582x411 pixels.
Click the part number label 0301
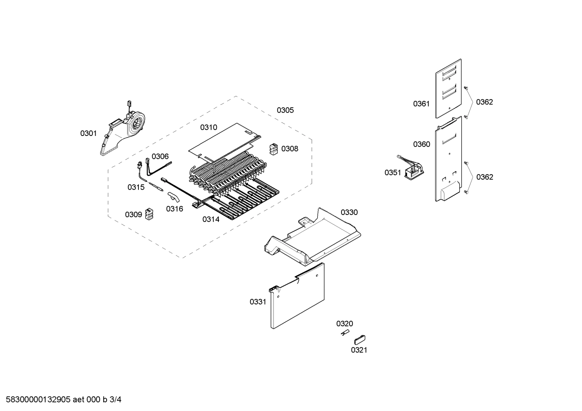[88, 133]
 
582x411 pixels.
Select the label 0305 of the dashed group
[285, 110]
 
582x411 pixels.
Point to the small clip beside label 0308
[274, 148]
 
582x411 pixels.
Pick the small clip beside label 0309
[150, 214]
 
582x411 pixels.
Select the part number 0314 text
[211, 219]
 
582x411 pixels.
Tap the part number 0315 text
[136, 187]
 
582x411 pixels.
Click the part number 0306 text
[160, 156]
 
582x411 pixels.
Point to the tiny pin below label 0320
[344, 332]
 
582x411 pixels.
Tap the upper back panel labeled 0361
[448, 89]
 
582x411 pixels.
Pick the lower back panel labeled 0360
[448, 161]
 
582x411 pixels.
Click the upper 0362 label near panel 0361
[484, 102]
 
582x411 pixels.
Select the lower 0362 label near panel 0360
[484, 177]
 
